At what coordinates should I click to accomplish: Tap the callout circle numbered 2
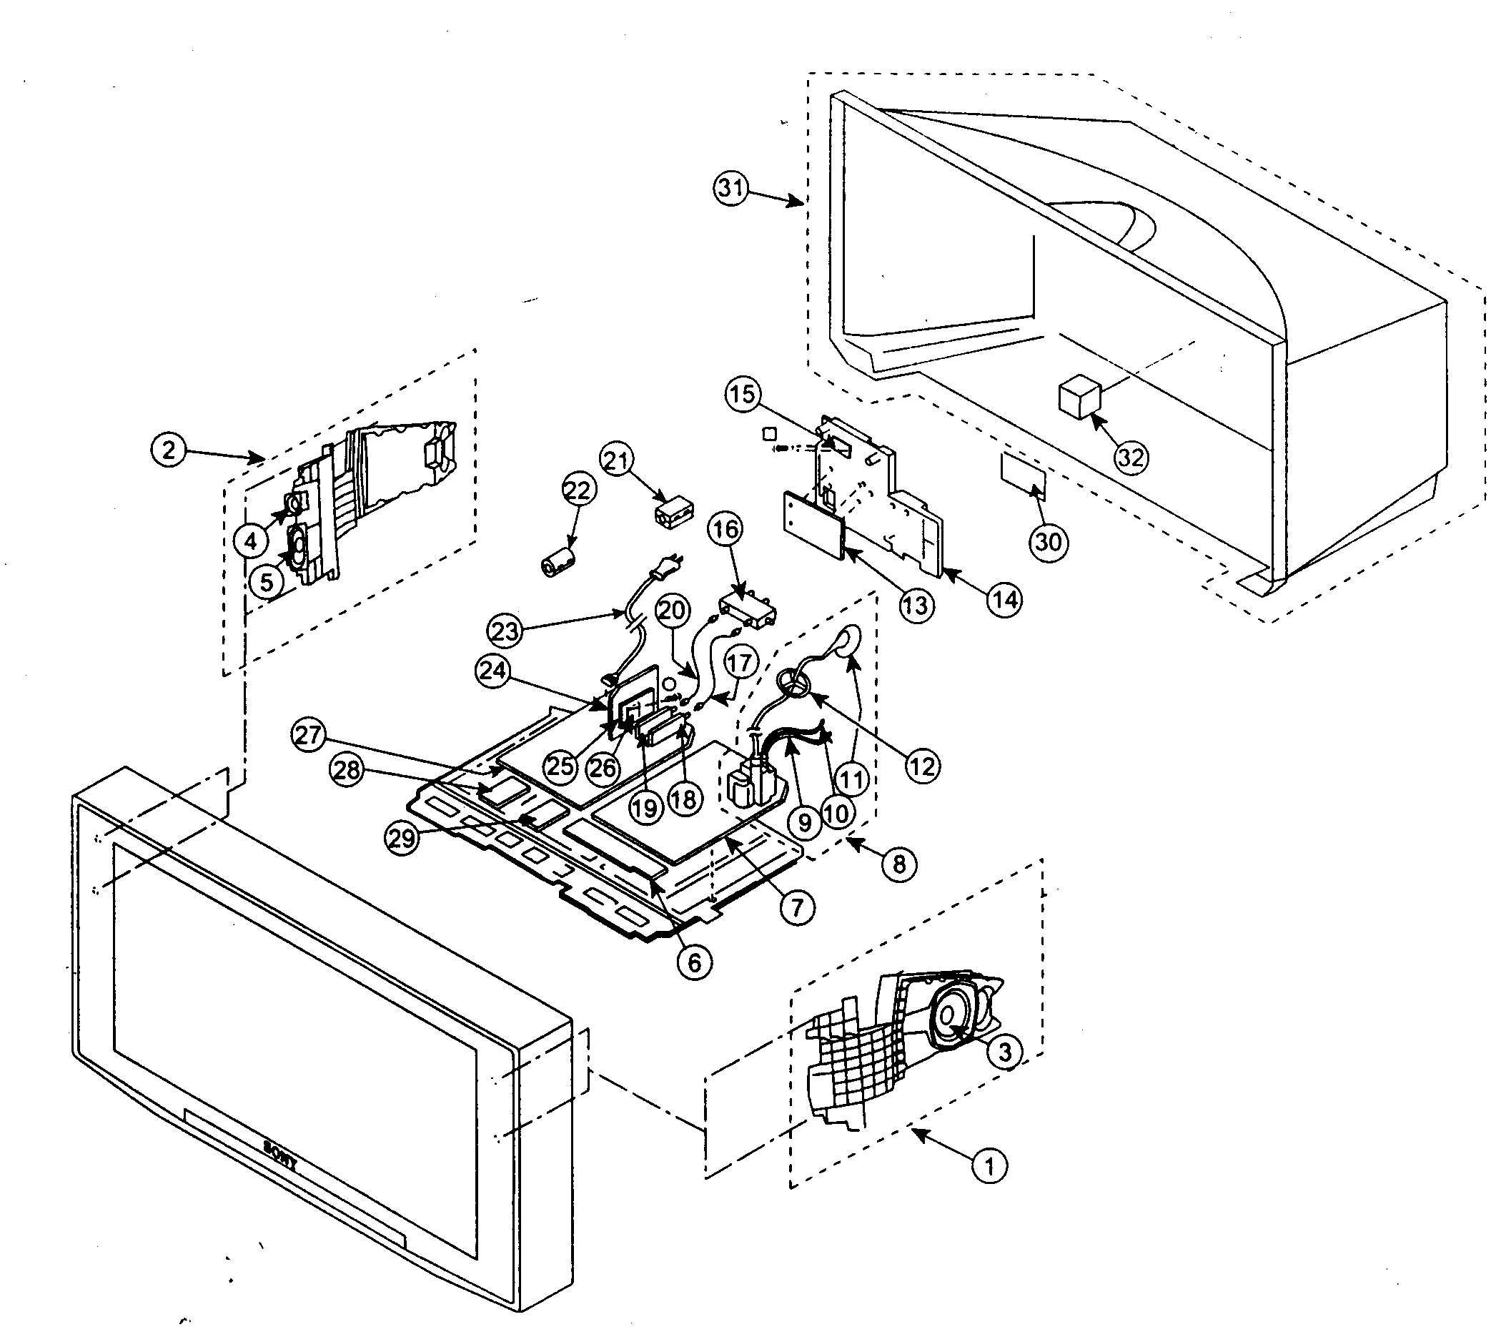[x=169, y=449]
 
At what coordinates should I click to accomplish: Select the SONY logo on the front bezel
[x=281, y=1157]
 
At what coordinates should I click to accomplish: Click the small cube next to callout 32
[x=1080, y=399]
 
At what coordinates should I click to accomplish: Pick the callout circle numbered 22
[x=578, y=490]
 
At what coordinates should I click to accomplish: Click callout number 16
[x=725, y=528]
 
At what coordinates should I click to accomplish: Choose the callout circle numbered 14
[x=1004, y=599]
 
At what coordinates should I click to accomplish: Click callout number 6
[x=694, y=962]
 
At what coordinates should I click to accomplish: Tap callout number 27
[x=308, y=734]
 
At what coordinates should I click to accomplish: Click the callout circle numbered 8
[x=898, y=863]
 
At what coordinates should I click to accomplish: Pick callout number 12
[x=921, y=766]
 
